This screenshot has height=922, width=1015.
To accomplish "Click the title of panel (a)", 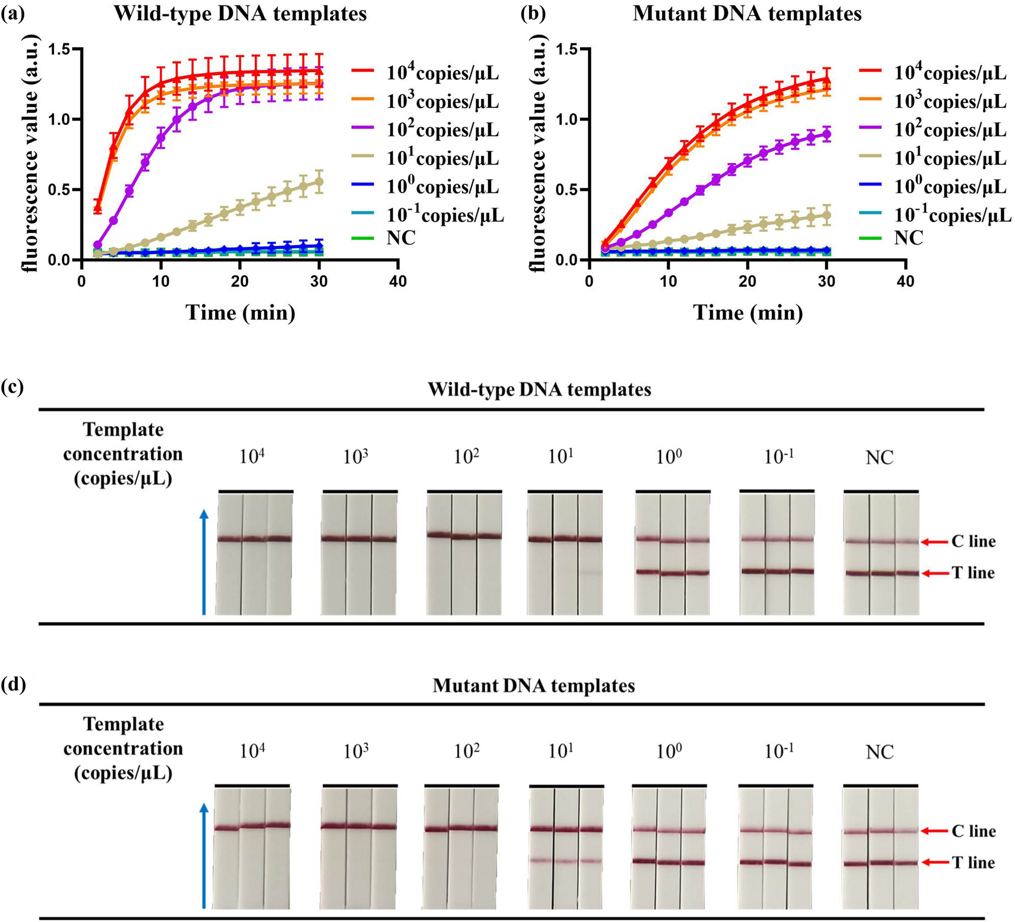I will click(x=240, y=14).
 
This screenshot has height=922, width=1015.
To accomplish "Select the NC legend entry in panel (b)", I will click(x=908, y=238).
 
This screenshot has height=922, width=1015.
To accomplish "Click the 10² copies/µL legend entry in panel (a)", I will click(x=442, y=130).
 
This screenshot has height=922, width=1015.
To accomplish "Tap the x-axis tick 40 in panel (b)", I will click(x=905, y=281).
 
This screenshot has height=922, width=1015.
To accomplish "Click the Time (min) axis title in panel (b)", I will click(x=748, y=312).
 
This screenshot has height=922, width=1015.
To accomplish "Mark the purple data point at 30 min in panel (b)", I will click(x=827, y=134).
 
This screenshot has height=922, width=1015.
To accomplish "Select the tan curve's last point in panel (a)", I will click(x=320, y=182).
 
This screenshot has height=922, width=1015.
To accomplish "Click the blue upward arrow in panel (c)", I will click(x=204, y=562).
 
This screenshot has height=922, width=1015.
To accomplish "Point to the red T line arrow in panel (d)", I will click(x=935, y=862).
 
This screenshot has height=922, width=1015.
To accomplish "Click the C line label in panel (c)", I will click(x=973, y=541).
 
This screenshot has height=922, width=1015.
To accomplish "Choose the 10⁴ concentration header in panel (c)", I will click(x=252, y=456).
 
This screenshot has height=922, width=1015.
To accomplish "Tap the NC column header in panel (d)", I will click(x=880, y=752).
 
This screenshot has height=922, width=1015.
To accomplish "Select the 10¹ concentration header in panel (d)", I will click(x=561, y=751).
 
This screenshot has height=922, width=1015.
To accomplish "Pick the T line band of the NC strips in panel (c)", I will click(x=882, y=573).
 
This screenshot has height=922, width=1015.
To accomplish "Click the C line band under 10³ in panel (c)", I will click(x=359, y=539).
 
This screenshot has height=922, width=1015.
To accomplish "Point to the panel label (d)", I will click(x=13, y=685).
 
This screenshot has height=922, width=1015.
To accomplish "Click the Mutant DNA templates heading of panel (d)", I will click(x=533, y=685).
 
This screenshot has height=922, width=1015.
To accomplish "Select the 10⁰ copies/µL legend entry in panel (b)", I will click(x=950, y=187).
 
